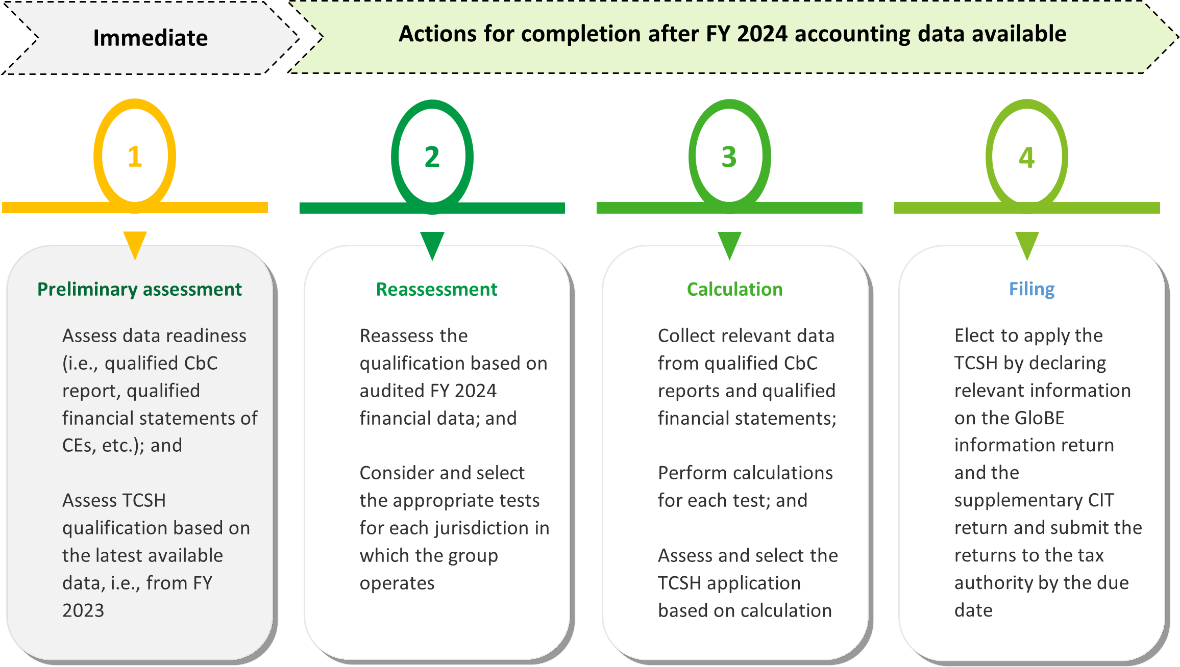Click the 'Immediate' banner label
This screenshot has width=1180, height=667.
[x=150, y=38]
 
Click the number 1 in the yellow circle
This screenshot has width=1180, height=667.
[x=135, y=157]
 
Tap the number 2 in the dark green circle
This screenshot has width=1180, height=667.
[x=432, y=157]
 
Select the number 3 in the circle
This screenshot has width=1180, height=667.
[x=729, y=157]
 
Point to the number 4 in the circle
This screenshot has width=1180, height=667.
[x=1026, y=157]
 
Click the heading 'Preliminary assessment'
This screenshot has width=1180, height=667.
[x=139, y=289]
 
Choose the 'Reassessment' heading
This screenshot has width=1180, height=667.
[x=436, y=289]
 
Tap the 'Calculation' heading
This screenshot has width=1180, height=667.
[x=734, y=289]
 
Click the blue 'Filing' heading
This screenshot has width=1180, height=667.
[x=1031, y=289]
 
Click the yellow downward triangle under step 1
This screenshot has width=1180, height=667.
[x=135, y=243]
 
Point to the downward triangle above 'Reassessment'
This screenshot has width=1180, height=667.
[x=432, y=244]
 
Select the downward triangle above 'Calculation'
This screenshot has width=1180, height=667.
[x=729, y=244]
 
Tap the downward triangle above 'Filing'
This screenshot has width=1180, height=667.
[x=1027, y=244]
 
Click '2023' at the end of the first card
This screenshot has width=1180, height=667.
[x=83, y=610]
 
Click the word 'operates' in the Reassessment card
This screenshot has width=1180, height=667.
[x=397, y=583]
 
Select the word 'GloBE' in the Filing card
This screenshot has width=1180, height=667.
[x=1039, y=418]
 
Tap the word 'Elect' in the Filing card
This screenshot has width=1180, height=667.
[x=974, y=336]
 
